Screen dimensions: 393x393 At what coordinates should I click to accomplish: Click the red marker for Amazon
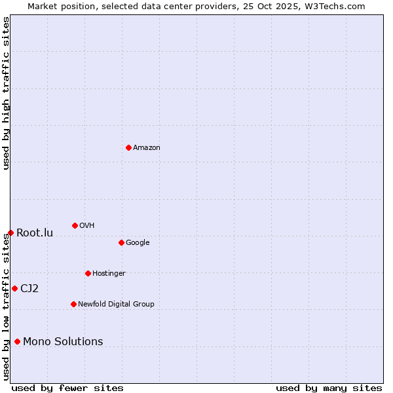tap(128, 147)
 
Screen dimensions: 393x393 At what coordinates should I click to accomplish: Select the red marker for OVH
tap(75, 225)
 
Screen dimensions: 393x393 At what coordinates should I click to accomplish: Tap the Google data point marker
tap(121, 242)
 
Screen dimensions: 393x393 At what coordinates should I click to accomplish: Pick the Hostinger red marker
tap(88, 273)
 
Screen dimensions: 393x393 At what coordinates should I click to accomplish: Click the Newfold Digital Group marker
tap(73, 304)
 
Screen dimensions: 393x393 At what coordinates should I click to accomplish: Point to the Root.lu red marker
tap(10, 233)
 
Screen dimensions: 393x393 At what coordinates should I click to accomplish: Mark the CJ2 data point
tap(14, 288)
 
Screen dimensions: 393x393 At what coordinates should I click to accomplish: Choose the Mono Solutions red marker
tap(17, 341)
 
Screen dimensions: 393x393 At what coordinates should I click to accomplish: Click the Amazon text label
tap(147, 147)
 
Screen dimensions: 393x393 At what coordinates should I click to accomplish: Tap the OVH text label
tap(87, 225)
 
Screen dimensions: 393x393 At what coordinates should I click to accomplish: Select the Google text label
tap(138, 242)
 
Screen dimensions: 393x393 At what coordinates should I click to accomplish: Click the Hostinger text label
tap(109, 273)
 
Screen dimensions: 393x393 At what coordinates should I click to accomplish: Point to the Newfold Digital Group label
tap(116, 304)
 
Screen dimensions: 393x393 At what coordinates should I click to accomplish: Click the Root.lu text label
tap(35, 233)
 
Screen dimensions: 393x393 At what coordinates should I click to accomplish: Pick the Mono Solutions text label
tap(63, 341)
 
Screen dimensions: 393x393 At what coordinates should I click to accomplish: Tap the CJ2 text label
tap(29, 288)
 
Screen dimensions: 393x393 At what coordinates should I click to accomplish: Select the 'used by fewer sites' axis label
tap(67, 388)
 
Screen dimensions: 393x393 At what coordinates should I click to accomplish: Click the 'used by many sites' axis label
tap(329, 388)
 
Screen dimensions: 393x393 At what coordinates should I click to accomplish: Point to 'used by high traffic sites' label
tap(7, 93)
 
